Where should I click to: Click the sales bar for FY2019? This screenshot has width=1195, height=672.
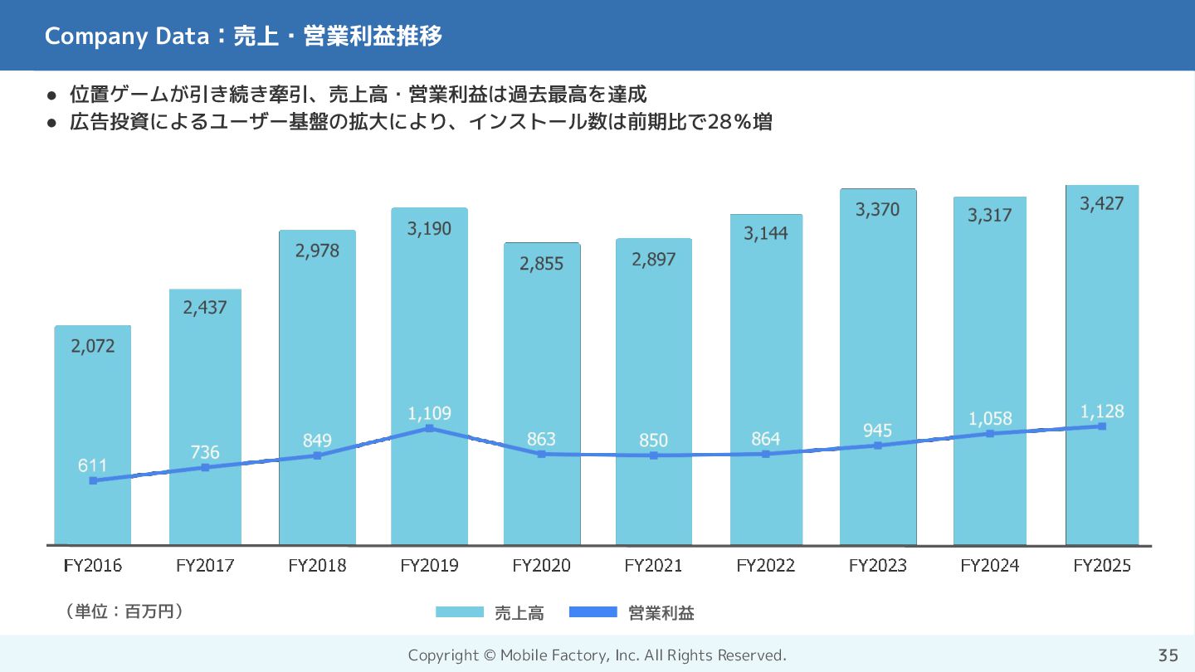[x=429, y=332]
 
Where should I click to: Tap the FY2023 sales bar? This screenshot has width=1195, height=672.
[x=878, y=332]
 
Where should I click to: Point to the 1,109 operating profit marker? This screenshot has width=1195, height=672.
[x=429, y=428]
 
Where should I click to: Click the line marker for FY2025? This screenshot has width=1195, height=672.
[x=1102, y=426]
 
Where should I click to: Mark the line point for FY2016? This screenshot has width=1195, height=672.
[x=93, y=480]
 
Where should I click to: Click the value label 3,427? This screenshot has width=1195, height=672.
[x=1102, y=203]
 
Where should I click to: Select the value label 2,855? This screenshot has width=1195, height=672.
[x=541, y=264]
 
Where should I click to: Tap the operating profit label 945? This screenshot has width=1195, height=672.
[x=877, y=430]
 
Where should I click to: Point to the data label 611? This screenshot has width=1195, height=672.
[x=93, y=465]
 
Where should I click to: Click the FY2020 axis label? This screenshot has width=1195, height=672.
[x=541, y=566]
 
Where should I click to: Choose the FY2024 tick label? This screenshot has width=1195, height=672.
[x=989, y=566]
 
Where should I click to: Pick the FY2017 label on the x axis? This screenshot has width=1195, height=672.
[x=205, y=566]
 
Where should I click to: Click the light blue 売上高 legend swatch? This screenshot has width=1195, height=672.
[x=459, y=612]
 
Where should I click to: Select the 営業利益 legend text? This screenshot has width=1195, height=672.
[x=661, y=613]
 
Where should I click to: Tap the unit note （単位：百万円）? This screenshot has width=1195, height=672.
[x=124, y=611]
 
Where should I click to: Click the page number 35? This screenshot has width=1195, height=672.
[x=1168, y=655]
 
